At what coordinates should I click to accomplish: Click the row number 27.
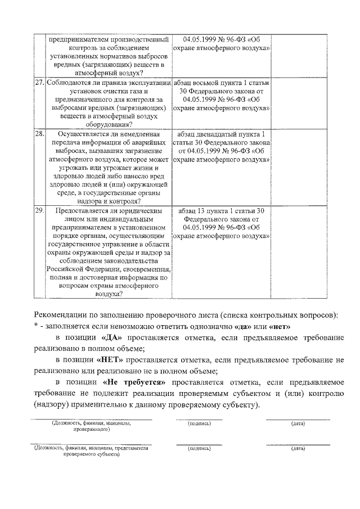[39, 82]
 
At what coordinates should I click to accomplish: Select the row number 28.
[39, 134]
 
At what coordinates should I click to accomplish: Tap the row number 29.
[39, 210]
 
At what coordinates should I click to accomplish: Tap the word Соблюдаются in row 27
[69, 82]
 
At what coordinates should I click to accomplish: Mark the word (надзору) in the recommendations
[52, 406]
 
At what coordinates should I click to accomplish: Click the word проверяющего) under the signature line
[91, 429]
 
